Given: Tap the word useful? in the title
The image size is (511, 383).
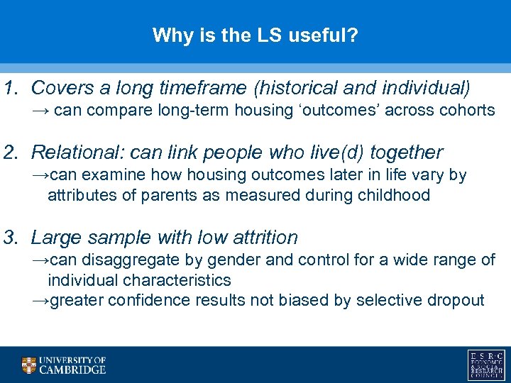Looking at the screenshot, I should pyautogui.click(x=323, y=35).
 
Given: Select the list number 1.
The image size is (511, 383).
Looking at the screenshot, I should pyautogui.click(x=9, y=88).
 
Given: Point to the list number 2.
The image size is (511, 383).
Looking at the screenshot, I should pyautogui.click(x=9, y=152).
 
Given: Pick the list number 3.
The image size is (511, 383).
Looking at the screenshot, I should pyautogui.click(x=9, y=238).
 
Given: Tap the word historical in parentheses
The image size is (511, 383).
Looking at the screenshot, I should pyautogui.click(x=302, y=88).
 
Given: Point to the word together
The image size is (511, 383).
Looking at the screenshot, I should pyautogui.click(x=405, y=152).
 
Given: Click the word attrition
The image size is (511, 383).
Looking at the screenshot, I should pyautogui.click(x=262, y=238).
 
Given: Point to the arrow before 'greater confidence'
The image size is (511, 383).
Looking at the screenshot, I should pyautogui.click(x=40, y=300).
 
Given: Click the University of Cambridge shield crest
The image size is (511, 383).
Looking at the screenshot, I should pyautogui.click(x=28, y=365).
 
